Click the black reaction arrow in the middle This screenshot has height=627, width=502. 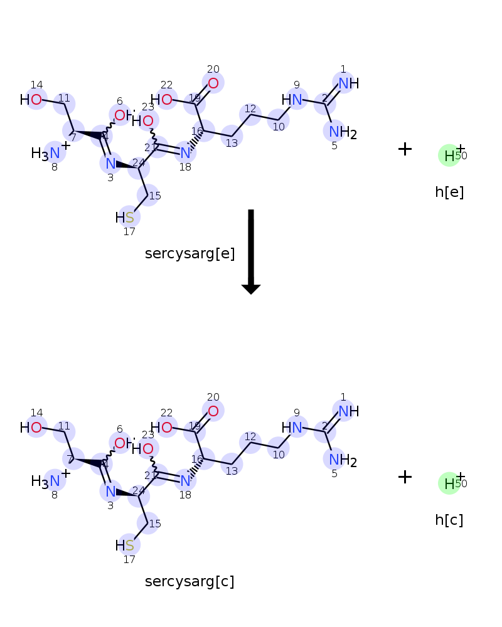251,251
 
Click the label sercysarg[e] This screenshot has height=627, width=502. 190,254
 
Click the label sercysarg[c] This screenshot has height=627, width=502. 190,582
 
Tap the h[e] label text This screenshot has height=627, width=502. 449,192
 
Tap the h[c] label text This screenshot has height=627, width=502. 449,520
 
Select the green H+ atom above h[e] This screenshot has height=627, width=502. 449,155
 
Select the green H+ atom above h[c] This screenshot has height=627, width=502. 449,483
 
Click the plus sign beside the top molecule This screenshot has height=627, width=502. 405,149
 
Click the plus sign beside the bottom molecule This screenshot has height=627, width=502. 405,477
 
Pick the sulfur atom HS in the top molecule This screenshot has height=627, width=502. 129,218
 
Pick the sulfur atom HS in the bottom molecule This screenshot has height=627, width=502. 129,545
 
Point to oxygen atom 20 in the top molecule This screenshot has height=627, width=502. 213,83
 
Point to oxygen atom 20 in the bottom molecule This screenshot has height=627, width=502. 213,411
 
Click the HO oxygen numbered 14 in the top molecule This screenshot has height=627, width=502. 36,100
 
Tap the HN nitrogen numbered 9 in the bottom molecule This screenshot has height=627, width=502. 296,428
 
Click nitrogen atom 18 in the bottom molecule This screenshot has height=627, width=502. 185,480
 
